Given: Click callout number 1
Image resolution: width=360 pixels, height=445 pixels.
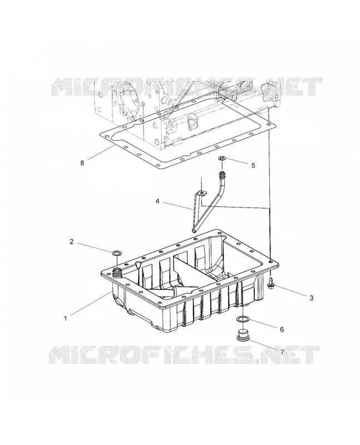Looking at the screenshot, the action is tap(65, 318).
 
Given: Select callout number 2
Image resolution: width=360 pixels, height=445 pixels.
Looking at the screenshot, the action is tap(72, 241).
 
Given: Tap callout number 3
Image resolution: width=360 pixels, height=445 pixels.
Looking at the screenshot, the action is tap(312, 298).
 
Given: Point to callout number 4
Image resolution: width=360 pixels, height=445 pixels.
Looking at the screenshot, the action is tap(157, 201).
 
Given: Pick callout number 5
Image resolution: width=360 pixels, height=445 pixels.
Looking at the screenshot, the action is tap(253, 165).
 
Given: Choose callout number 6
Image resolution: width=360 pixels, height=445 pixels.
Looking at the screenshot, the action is tap(282, 329).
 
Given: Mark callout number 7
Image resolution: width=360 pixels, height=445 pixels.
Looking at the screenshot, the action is tap(282, 352).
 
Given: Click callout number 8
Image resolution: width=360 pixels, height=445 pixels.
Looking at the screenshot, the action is tap(82, 163).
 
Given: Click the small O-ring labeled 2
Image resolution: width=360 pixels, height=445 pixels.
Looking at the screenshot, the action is tap(117, 253).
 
